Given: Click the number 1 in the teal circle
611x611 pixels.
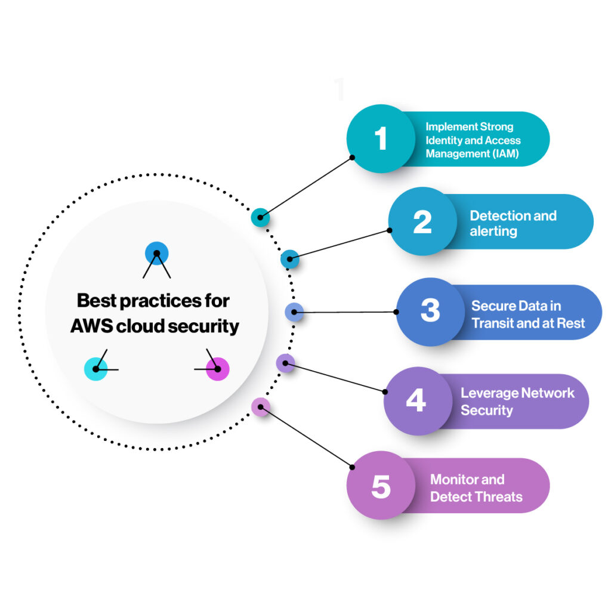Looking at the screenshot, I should pos(381,139).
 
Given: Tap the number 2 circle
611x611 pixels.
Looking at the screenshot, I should pos(422,221).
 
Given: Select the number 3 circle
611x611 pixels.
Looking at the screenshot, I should pos(430,311).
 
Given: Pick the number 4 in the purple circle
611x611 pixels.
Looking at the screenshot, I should pos(416,400).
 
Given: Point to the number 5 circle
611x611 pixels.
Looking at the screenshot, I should pos(381,487).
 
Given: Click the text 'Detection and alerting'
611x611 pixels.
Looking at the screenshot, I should pos(513,223).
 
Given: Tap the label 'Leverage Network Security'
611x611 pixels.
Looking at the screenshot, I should pos(517,401).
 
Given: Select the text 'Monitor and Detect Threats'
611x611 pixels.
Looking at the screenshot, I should pos(476,488).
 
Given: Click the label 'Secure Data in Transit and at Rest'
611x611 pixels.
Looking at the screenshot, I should pos(527,314).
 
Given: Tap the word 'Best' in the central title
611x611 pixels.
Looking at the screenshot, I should pos(97,300).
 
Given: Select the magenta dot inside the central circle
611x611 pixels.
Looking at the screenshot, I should pos(217,369).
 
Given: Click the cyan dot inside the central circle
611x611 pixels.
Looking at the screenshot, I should pos(95,369).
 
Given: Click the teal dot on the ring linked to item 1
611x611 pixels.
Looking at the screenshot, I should pos(260,218).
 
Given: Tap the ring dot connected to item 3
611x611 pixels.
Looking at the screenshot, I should pos(294,312).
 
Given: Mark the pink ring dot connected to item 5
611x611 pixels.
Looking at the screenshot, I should pos(261,407).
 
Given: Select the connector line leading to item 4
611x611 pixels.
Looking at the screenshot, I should pos(334,377).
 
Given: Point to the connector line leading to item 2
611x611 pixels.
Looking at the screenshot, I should pos(340,244).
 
